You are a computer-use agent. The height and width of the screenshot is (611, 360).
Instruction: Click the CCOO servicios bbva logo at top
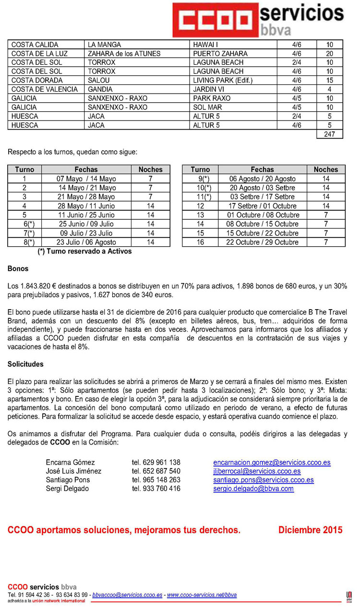pyautogui.click(x=259, y=19)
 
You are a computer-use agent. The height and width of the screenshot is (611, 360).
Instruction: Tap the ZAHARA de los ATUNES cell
pyautogui.click(x=124, y=54)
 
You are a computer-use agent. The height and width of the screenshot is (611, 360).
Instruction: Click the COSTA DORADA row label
pyautogui.click(x=37, y=81)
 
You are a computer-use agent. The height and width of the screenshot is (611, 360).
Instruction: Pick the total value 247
pyautogui.click(x=329, y=134)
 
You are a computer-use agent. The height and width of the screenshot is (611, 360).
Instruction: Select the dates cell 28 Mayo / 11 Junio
pyautogui.click(x=86, y=206)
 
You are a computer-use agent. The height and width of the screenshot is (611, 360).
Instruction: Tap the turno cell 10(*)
pyautogui.click(x=201, y=188)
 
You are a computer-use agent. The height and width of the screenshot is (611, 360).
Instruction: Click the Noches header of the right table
pyautogui.click(x=326, y=169)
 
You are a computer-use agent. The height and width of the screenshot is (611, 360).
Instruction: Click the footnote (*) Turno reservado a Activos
pyautogui.click(x=84, y=251)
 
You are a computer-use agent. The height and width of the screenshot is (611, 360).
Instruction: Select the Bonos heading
pyautogui.click(x=18, y=269)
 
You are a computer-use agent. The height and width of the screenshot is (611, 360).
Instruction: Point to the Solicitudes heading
pyautogui.click(x=25, y=364)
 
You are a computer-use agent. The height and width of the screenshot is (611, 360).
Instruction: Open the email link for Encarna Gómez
pyautogui.click(x=272, y=463)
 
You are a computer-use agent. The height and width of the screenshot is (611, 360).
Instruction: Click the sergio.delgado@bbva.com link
pyautogui.click(x=253, y=489)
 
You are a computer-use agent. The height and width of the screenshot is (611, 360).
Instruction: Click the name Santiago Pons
pyautogui.click(x=68, y=480)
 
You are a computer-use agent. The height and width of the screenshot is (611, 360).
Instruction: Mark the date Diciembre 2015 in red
pyautogui.click(x=310, y=530)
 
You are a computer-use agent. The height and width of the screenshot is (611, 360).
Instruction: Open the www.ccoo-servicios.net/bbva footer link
pyautogui.click(x=202, y=595)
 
